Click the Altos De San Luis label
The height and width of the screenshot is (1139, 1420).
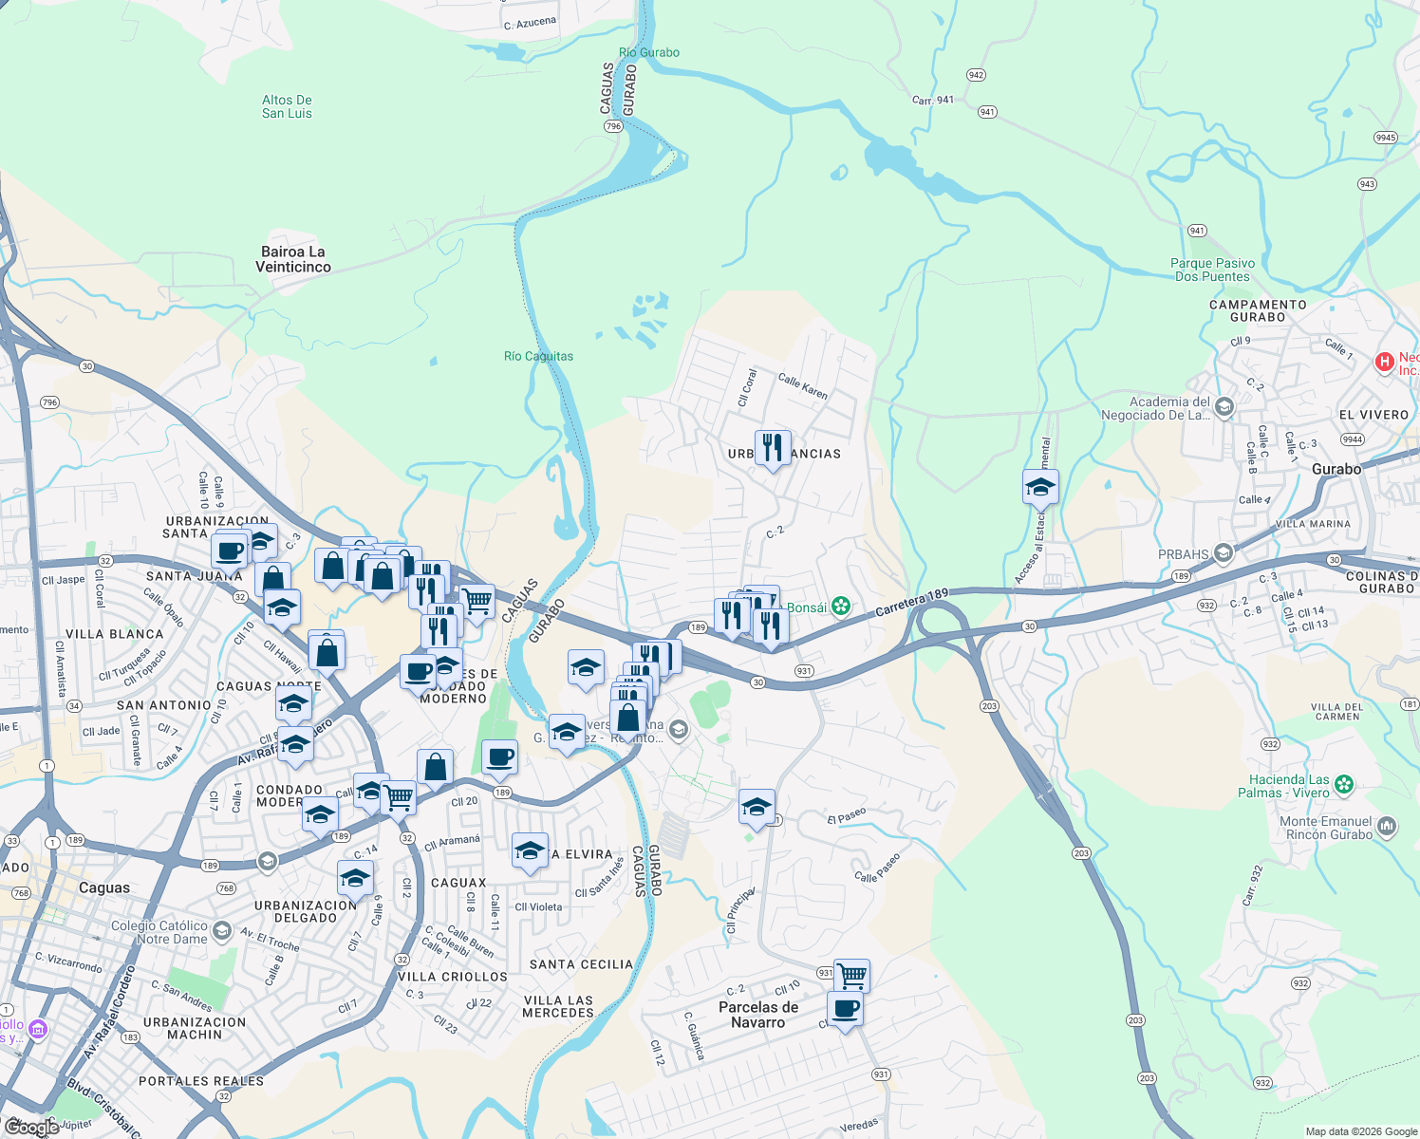coord(287,106)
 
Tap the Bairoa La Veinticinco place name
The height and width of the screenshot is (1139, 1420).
coord(293,259)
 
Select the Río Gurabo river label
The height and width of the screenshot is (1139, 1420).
coord(649,53)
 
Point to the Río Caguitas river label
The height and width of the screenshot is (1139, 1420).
coord(538,357)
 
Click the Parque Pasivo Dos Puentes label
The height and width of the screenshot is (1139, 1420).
coord(1212,271)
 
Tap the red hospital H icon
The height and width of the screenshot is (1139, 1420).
coord(1385,362)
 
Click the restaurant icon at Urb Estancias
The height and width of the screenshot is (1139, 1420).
coord(773,448)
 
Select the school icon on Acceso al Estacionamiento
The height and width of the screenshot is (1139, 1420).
coord(1040,488)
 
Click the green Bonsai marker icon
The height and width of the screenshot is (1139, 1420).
coord(840,607)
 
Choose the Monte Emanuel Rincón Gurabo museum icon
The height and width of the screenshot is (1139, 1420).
coord(1387,827)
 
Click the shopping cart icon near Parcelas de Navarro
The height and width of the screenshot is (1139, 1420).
coord(851,975)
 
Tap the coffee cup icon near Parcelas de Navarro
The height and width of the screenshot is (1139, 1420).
coord(845,1009)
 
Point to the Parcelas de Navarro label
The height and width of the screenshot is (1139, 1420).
coord(758,1015)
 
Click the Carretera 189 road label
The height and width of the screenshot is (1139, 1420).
coord(911,601)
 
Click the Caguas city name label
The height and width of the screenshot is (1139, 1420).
coord(104,888)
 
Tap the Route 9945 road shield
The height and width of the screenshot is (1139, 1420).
coord(1386,138)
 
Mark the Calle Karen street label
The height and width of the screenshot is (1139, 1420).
coord(803,386)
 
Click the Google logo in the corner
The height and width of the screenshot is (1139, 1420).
coord(31,1127)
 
